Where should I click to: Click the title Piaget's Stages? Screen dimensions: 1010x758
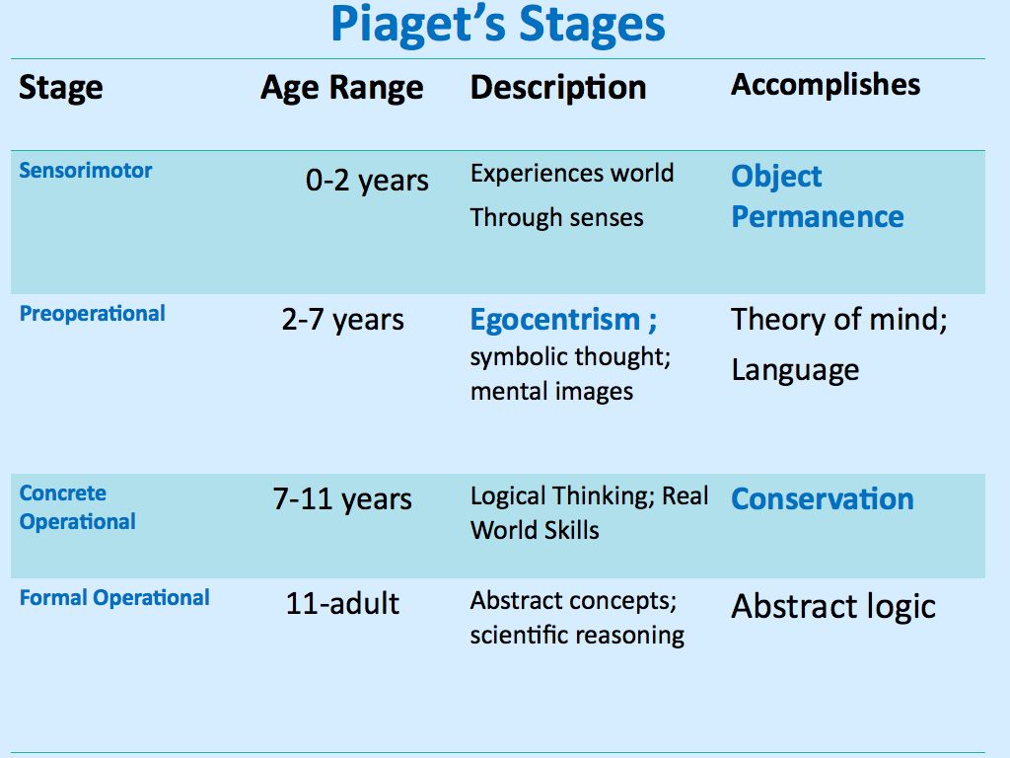[x=497, y=26]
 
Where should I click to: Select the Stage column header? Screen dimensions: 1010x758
[x=60, y=88]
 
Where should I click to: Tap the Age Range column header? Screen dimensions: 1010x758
[x=342, y=88]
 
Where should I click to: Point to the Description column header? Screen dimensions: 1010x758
[x=558, y=88]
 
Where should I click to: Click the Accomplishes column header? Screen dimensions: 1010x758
[x=826, y=85]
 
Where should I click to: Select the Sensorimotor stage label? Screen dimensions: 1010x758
[x=86, y=170]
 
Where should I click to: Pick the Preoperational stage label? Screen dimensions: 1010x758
[x=92, y=314]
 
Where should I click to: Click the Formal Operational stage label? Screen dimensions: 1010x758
[x=114, y=598]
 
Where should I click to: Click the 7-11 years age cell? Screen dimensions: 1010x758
[x=342, y=499]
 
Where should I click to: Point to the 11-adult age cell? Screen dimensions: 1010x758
[x=342, y=604]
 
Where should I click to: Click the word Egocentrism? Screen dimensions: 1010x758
[x=554, y=320]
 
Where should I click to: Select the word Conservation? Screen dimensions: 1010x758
[x=823, y=498]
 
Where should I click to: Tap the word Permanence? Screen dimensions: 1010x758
[x=818, y=217]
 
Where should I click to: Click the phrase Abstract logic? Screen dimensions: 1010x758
[x=833, y=607]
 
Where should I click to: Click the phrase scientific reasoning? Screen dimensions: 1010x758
[x=577, y=636]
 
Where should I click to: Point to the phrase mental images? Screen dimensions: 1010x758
[x=551, y=392]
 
